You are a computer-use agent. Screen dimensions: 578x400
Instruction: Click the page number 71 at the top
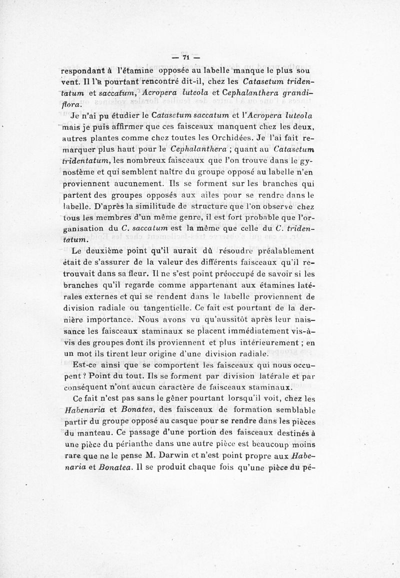185,57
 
